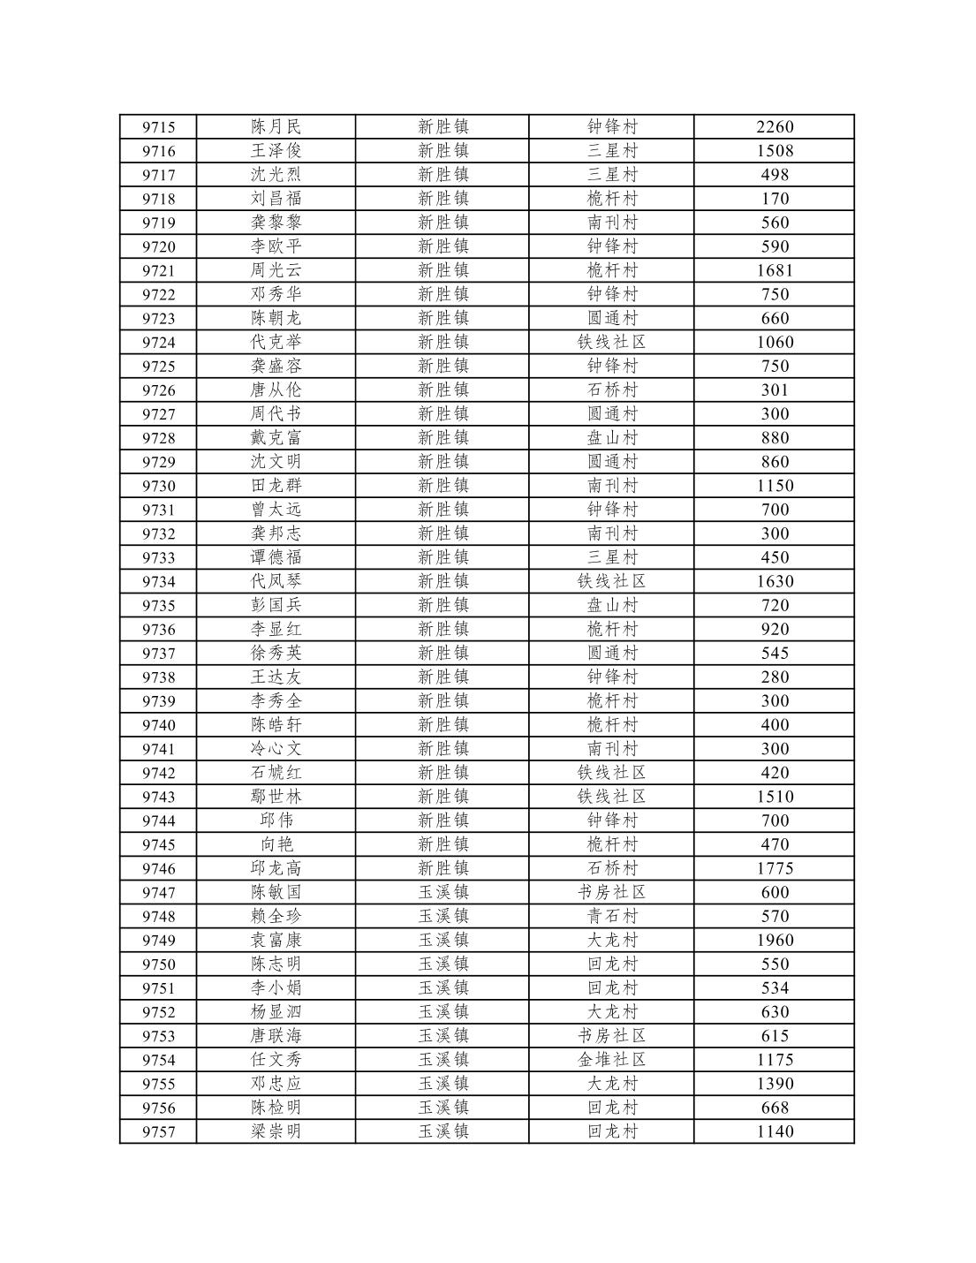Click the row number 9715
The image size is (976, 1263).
pyautogui.click(x=159, y=127)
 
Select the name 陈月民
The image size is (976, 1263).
pyautogui.click(x=276, y=127)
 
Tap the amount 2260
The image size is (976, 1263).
pyautogui.click(x=775, y=127)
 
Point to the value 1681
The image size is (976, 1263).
pyautogui.click(x=775, y=270)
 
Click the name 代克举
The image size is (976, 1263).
pyautogui.click(x=276, y=342)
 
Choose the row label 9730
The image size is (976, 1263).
pyautogui.click(x=159, y=486)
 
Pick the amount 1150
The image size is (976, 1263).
pyautogui.click(x=775, y=486)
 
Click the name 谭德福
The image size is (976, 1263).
pyautogui.click(x=276, y=557)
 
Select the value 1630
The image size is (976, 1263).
pyautogui.click(x=775, y=581)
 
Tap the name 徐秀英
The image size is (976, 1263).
pyautogui.click(x=276, y=653)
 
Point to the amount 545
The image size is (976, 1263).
pyautogui.click(x=775, y=653)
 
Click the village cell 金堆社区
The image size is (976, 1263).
pyautogui.click(x=611, y=1059)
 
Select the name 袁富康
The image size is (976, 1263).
pyautogui.click(x=276, y=940)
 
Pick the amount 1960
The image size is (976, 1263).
pyautogui.click(x=775, y=940)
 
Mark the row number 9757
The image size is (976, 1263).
pyautogui.click(x=159, y=1131)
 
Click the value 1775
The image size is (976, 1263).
pyautogui.click(x=775, y=868)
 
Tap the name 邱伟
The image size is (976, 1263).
pyautogui.click(x=276, y=821)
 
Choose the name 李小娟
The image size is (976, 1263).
pyautogui.click(x=276, y=987)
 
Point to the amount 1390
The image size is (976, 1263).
pyautogui.click(x=775, y=1083)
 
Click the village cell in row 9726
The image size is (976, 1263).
pyautogui.click(x=611, y=389)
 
